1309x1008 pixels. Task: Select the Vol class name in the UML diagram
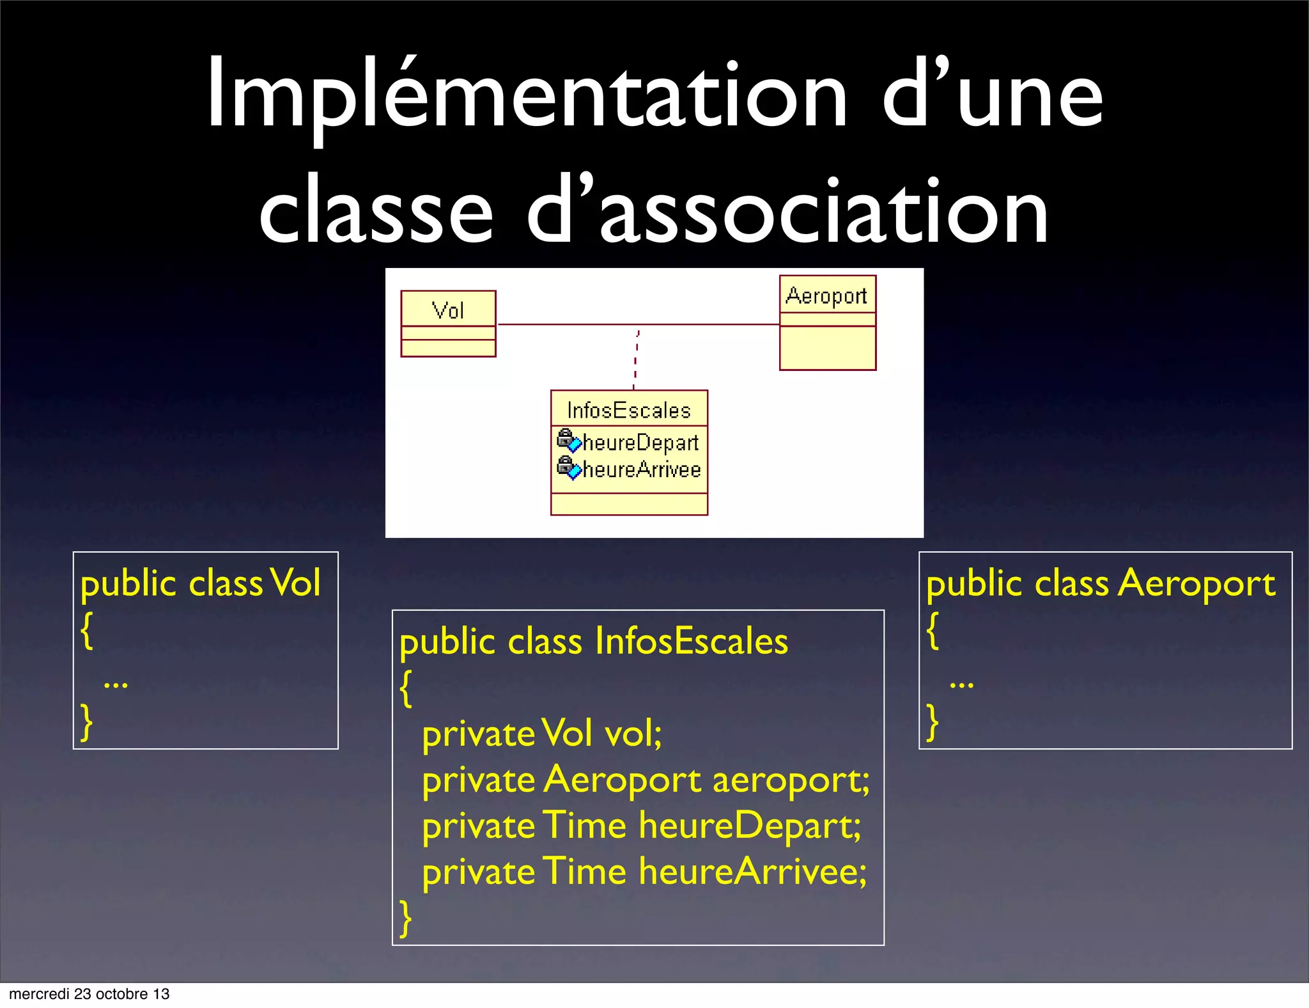pyautogui.click(x=448, y=310)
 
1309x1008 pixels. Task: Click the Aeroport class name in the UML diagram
pyautogui.click(x=826, y=295)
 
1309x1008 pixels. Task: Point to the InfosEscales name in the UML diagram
pyautogui.click(x=629, y=410)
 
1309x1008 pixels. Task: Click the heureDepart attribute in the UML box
pyautogui.click(x=640, y=443)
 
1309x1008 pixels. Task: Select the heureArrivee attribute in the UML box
pyautogui.click(x=642, y=469)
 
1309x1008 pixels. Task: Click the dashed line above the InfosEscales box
pyautogui.click(x=636, y=358)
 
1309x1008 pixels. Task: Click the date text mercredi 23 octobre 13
pyautogui.click(x=89, y=994)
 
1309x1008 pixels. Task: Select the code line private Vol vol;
pyautogui.click(x=542, y=733)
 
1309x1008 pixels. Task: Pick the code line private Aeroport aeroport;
pyautogui.click(x=646, y=780)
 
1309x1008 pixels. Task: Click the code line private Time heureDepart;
pyautogui.click(x=642, y=826)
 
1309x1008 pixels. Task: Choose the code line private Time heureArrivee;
pyautogui.click(x=644, y=872)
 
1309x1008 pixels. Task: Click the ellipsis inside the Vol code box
pyautogui.click(x=116, y=684)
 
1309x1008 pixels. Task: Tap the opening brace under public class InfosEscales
pyautogui.click(x=406, y=688)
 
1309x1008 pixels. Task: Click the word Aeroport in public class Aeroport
pyautogui.click(x=1197, y=583)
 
